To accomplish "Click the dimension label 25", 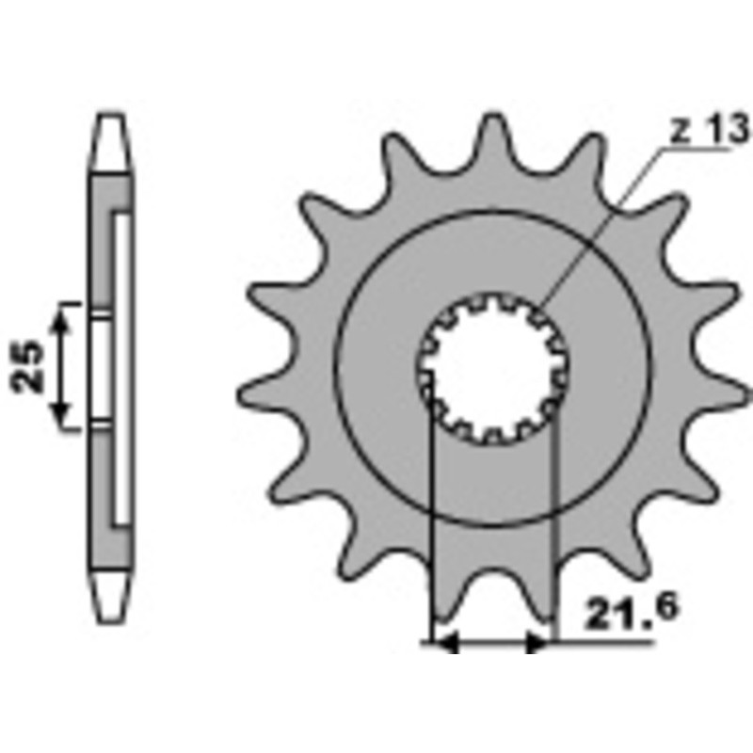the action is (27, 366).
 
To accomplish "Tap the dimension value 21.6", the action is (631, 613).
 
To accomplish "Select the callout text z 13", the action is (710, 129).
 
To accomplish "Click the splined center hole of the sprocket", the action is (492, 368).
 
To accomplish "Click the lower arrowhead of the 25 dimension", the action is (60, 414).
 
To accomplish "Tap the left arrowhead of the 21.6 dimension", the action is (445, 643).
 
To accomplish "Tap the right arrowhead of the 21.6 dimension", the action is (538, 643).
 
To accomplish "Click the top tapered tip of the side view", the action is (111, 142).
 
